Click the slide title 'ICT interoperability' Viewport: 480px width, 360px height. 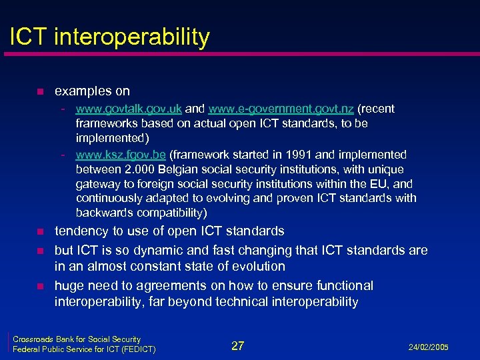point(109,37)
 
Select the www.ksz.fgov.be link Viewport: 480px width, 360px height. point(121,155)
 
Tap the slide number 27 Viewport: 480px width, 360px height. point(238,345)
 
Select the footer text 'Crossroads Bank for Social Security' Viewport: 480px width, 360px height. point(77,339)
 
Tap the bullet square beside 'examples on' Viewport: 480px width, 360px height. point(40,91)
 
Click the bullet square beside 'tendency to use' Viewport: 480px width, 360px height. point(40,232)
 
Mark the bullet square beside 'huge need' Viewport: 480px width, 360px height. point(40,287)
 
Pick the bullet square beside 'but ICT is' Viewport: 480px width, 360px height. point(40,251)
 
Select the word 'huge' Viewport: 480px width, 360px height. point(69,286)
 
